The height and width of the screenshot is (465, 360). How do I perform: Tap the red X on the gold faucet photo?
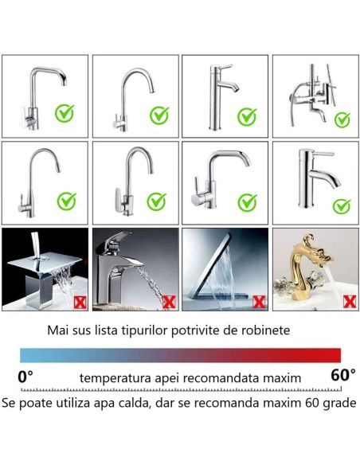347,301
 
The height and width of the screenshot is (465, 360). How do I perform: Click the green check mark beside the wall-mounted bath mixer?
342,120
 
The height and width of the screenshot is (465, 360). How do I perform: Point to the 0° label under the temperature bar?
25,375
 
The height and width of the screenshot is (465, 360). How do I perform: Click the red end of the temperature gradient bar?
335,355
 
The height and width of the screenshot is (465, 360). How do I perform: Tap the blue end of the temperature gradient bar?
25,355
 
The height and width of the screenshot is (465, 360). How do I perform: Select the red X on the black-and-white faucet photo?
169,302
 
